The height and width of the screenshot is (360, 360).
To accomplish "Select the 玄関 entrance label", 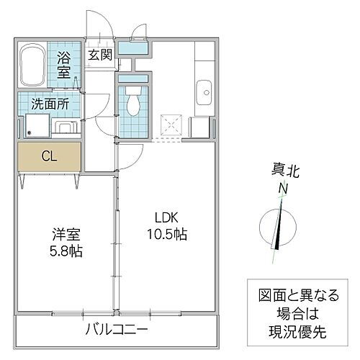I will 99,55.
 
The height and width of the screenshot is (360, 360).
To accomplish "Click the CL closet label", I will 50,156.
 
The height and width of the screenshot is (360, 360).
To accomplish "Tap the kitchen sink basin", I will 203,92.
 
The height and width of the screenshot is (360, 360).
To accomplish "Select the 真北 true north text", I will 283,171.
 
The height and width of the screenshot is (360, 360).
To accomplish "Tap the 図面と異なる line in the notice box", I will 295,294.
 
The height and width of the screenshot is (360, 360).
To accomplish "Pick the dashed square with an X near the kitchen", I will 171,125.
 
